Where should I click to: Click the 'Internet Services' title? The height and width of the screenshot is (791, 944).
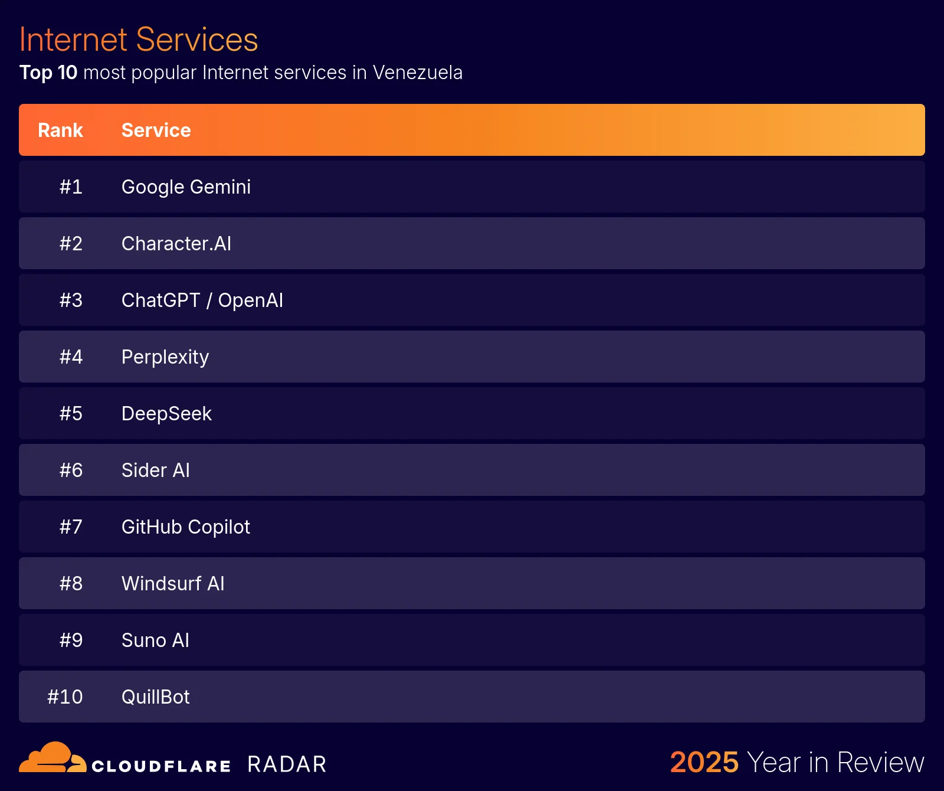(139, 40)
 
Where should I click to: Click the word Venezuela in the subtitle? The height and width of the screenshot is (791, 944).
(417, 73)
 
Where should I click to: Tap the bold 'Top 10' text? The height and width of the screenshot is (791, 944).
(48, 73)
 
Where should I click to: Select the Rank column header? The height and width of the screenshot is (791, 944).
(60, 130)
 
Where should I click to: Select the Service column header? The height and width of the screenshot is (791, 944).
(156, 130)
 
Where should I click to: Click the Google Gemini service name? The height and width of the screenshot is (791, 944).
(186, 187)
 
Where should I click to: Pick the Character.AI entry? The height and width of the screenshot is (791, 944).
(176, 244)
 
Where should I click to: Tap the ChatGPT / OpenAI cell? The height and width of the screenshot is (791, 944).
(202, 300)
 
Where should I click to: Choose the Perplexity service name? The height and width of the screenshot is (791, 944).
(165, 357)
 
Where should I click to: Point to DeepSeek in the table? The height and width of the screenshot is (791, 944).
(166, 414)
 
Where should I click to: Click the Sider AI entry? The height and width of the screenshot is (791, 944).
(155, 470)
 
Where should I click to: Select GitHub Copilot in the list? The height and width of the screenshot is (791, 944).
(185, 527)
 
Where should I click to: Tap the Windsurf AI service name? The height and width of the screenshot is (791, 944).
(172, 584)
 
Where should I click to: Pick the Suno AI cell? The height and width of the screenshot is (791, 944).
(155, 640)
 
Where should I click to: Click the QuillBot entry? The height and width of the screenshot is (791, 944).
(155, 697)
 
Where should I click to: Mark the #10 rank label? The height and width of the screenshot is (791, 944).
(65, 697)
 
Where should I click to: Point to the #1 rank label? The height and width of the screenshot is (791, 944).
(71, 187)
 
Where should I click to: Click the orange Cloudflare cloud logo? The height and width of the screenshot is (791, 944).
(52, 758)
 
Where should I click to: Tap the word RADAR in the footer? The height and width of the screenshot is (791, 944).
(287, 764)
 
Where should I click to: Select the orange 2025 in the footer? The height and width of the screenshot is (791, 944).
(704, 762)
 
